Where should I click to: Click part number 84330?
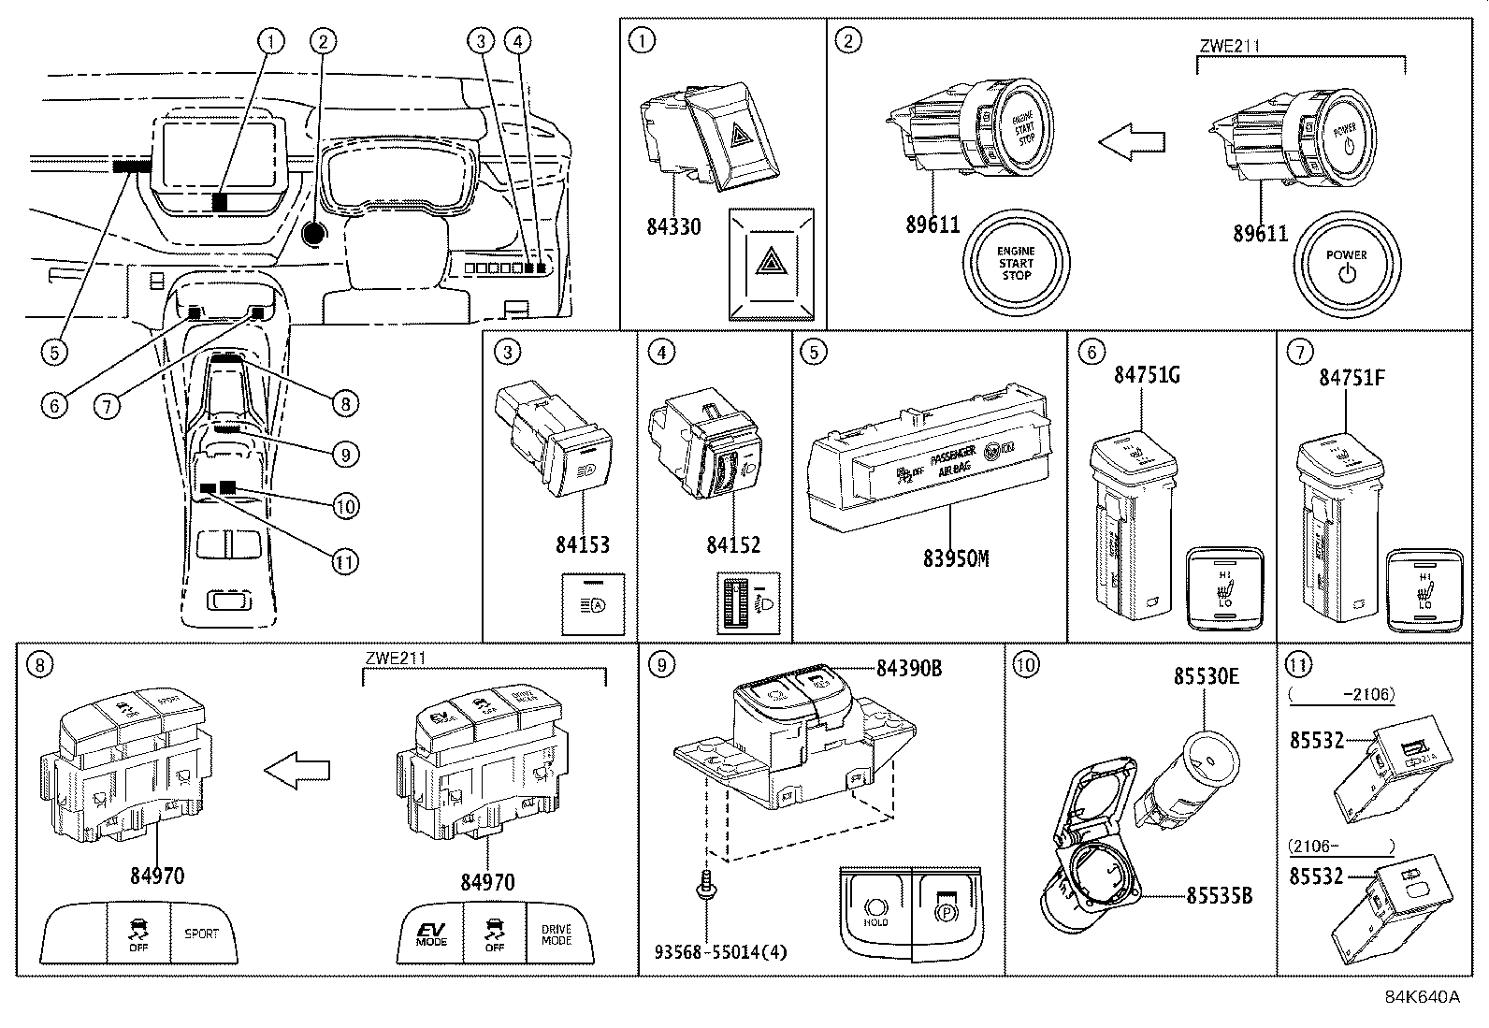673,226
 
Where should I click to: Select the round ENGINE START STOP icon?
1016,264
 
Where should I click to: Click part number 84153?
583,544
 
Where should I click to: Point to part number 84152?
733,544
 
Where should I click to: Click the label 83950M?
956,558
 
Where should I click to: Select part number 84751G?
1147,376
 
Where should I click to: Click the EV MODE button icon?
431,933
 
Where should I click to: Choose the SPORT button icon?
201,933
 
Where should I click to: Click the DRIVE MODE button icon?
557,933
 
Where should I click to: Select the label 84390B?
909,669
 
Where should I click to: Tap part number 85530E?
1207,675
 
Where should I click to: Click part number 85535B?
1219,895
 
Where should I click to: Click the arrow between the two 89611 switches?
1132,142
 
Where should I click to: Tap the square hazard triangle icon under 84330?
772,264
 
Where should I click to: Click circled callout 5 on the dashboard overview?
53,352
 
